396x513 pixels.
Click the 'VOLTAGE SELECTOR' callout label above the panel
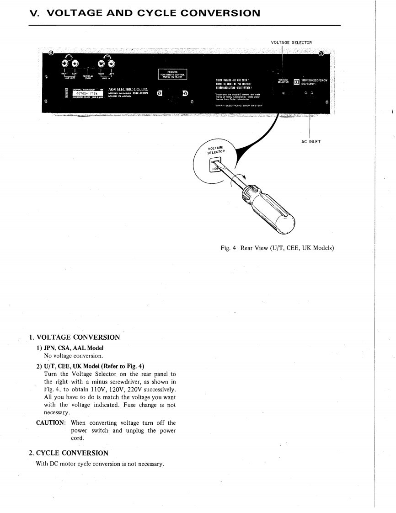coord(291,43)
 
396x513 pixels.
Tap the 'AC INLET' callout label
coord(311,141)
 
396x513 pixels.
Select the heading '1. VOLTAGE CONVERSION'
coord(74,337)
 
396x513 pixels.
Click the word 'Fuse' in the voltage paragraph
coord(129,404)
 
